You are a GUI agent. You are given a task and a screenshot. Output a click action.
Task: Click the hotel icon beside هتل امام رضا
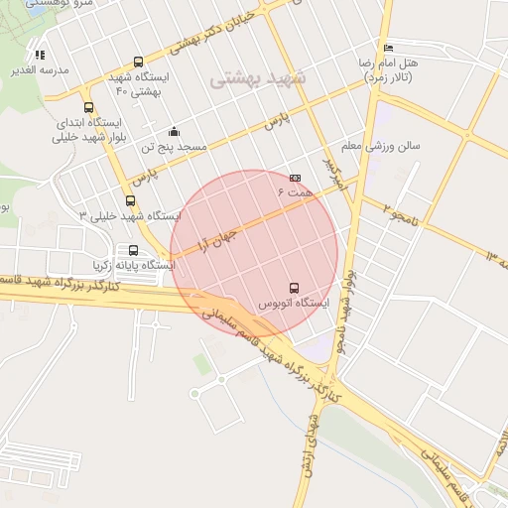tap(388, 48)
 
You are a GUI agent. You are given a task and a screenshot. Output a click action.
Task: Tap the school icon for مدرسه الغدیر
tap(40, 56)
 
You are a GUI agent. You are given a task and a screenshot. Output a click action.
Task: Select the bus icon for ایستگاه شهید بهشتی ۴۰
tap(138, 63)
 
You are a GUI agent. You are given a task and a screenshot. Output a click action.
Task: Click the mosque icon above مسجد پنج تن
tap(175, 132)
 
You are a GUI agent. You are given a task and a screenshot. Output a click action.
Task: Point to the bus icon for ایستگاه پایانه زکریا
tap(134, 250)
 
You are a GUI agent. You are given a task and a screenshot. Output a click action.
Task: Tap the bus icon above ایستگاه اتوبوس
tap(293, 288)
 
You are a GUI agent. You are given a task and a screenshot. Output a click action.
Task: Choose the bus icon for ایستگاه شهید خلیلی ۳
tap(129, 200)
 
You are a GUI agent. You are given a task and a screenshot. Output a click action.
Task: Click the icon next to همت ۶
tap(295, 178)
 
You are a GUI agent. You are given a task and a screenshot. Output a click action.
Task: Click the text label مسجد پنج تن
tap(175, 147)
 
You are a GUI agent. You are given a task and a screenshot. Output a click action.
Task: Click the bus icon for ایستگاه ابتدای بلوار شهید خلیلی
tap(89, 108)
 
